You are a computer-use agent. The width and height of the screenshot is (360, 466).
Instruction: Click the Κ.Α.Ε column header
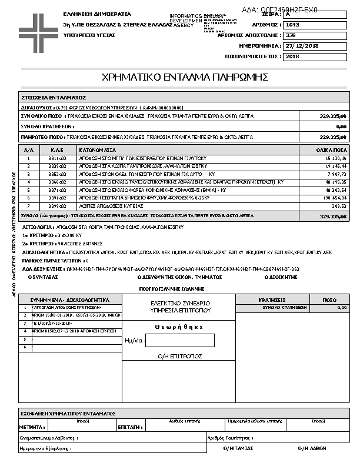tap(56, 150)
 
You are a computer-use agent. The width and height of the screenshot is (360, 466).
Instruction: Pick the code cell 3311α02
tap(56, 158)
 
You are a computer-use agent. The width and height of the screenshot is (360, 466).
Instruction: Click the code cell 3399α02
tap(56, 207)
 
